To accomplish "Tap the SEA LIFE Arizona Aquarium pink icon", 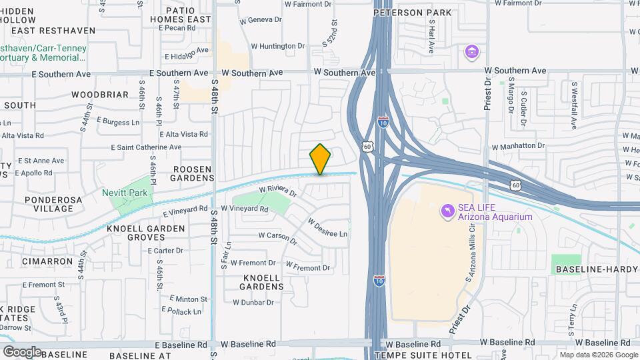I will pos(446,211).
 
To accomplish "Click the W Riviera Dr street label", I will pos(277,191).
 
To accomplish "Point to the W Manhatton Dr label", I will pos(518,147).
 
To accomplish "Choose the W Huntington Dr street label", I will pos(277,46).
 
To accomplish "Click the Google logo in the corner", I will pos(22,351).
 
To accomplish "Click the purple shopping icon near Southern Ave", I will pos(472,51).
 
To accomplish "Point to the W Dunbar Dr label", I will pos(253,302).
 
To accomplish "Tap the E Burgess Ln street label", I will pos(118,122).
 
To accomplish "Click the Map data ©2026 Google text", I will pos(598,355).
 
